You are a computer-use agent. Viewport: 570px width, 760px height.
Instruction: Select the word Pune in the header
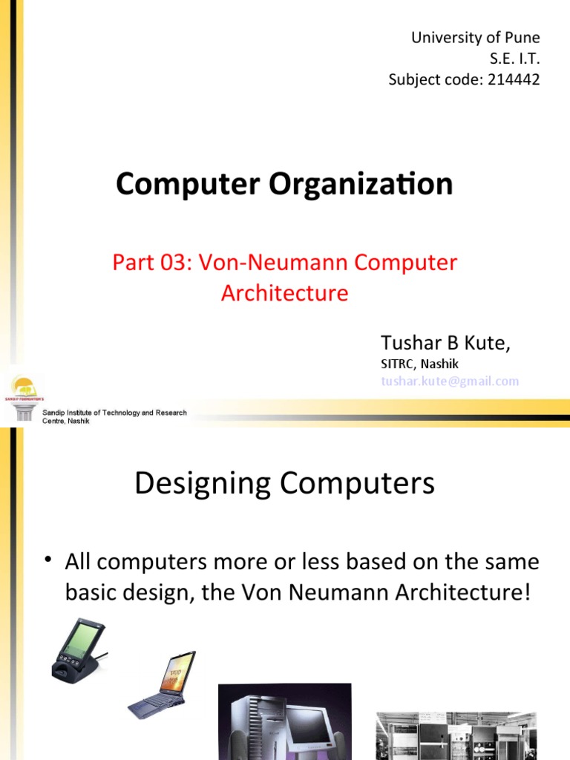point(522,37)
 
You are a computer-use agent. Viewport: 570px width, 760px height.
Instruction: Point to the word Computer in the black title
point(180,184)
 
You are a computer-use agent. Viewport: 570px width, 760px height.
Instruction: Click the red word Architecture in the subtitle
point(284,293)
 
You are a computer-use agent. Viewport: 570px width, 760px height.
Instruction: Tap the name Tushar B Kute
point(445,343)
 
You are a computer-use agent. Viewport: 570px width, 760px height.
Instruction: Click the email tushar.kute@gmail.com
point(450,381)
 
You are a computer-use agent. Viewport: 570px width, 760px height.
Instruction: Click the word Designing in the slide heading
point(203,485)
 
